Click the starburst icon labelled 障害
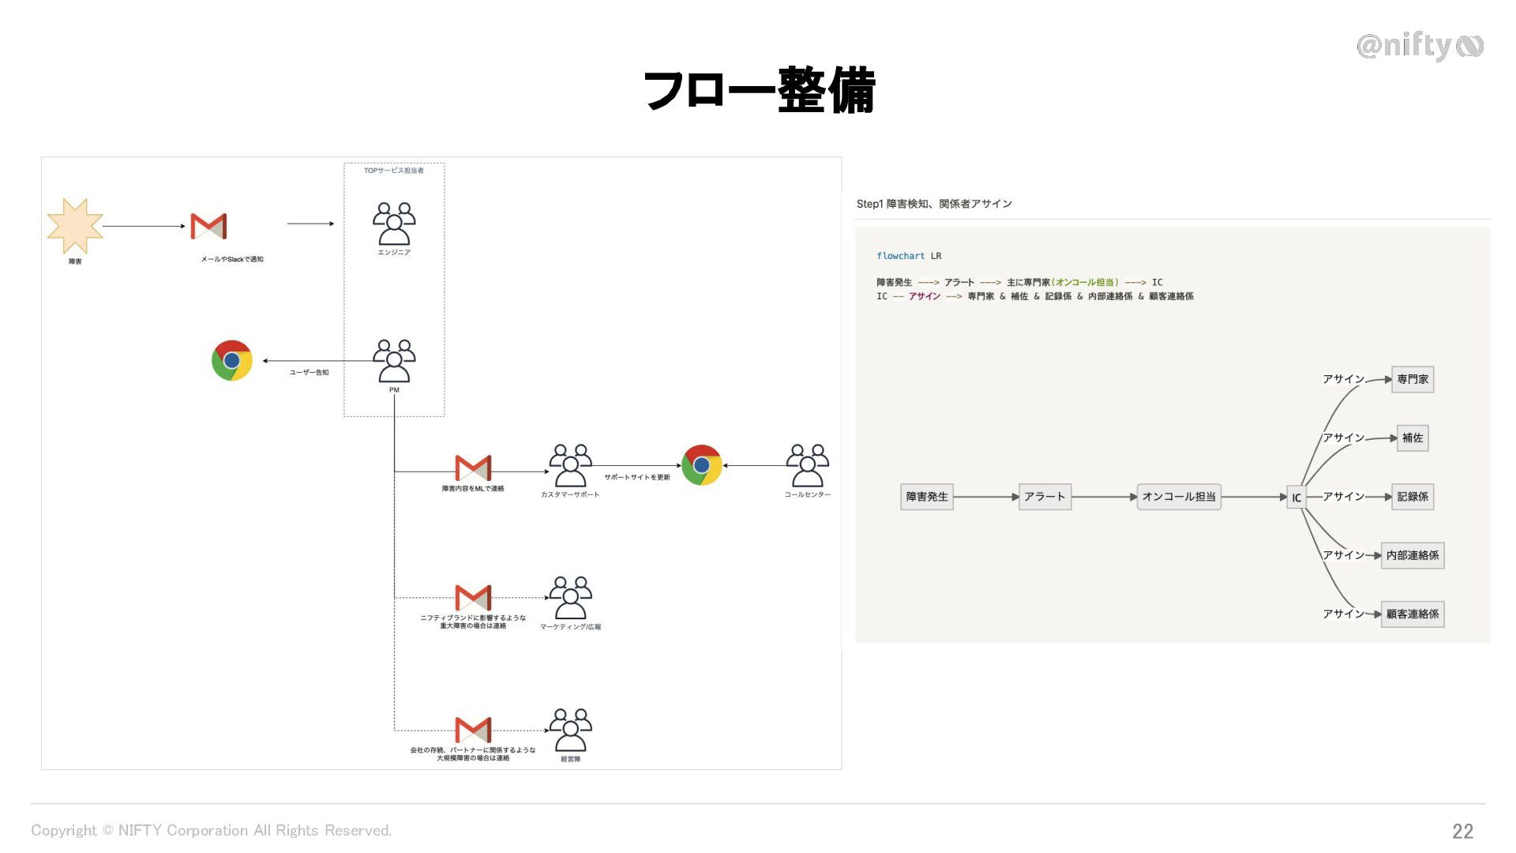pyautogui.click(x=75, y=226)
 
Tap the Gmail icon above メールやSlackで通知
pyautogui.click(x=208, y=226)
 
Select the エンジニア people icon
pyautogui.click(x=394, y=224)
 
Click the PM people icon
pyautogui.click(x=394, y=361)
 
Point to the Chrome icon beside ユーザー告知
pyautogui.click(x=231, y=361)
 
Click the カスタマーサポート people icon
pyautogui.click(x=570, y=465)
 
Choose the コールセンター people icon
pyautogui.click(x=807, y=465)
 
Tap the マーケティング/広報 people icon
pyautogui.click(x=570, y=598)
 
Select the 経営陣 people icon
pyautogui.click(x=570, y=730)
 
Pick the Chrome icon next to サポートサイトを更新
pyautogui.click(x=701, y=465)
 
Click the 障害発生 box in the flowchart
pyautogui.click(x=927, y=497)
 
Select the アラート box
pyautogui.click(x=1045, y=497)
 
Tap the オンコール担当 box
pyautogui.click(x=1179, y=497)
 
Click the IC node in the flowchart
pyautogui.click(x=1296, y=498)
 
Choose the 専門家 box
pyautogui.click(x=1413, y=379)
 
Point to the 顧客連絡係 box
pyautogui.click(x=1413, y=614)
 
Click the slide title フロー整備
pyautogui.click(x=759, y=90)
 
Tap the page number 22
pyautogui.click(x=1462, y=831)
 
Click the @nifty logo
pyautogui.click(x=1420, y=46)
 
